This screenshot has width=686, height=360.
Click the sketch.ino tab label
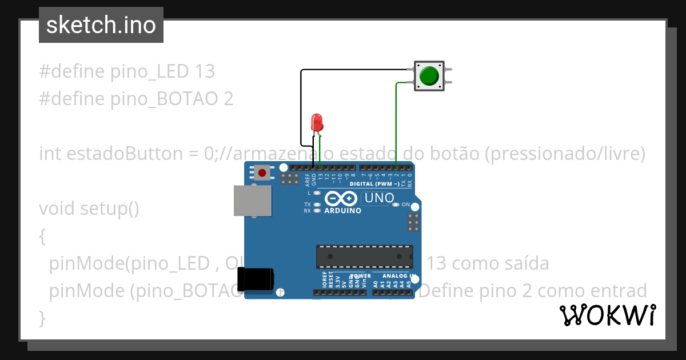[101, 25]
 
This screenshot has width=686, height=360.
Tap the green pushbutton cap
[429, 76]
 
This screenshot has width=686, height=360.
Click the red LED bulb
[317, 122]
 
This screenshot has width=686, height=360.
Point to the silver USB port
[252, 201]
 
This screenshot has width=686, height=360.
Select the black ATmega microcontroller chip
[365, 257]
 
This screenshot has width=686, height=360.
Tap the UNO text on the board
[379, 198]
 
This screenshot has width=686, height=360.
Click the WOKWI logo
[607, 315]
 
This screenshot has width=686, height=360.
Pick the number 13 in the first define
[204, 71]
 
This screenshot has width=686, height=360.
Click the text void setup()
[89, 209]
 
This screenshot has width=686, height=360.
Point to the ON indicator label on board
[405, 205]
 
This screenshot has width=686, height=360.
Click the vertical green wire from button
[397, 126]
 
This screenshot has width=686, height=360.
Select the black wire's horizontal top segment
[354, 70]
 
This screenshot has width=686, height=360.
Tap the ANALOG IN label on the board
[398, 276]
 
